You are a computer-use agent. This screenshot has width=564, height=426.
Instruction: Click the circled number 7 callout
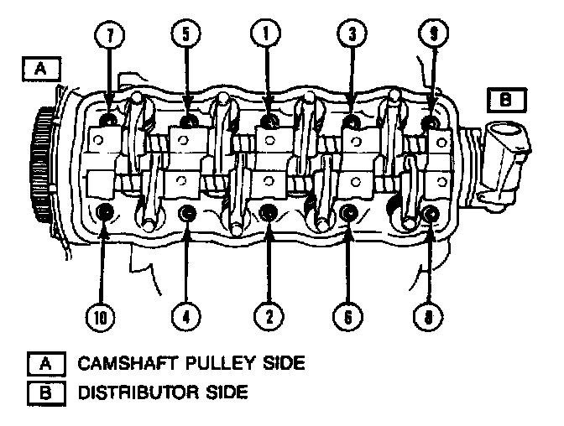(x=110, y=35)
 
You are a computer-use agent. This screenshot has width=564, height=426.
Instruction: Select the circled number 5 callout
(x=186, y=34)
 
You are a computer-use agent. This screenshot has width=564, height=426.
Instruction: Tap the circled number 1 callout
(x=266, y=34)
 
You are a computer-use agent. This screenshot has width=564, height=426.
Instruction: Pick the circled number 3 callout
(x=352, y=34)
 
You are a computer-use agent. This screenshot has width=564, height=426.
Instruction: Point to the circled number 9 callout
(x=434, y=34)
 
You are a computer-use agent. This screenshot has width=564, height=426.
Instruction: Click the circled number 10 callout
(x=101, y=317)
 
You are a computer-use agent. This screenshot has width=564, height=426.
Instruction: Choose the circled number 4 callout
(x=186, y=317)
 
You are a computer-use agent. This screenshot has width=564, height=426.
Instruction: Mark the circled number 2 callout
(x=269, y=317)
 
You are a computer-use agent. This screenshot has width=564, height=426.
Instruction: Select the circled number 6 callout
(x=347, y=317)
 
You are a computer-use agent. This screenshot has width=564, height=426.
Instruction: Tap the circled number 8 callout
(x=428, y=317)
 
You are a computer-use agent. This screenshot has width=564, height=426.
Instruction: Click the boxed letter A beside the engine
(x=41, y=68)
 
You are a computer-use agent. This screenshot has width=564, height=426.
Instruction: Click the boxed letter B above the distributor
(x=506, y=100)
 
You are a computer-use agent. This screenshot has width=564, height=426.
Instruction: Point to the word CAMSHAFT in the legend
(x=128, y=363)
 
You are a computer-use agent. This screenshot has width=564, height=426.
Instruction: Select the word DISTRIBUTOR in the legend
(x=138, y=392)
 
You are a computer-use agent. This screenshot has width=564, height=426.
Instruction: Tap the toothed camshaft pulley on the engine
(x=41, y=164)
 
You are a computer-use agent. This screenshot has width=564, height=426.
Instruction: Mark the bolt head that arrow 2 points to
(x=268, y=212)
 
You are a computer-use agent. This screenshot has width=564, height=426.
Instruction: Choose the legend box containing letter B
(x=46, y=392)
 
